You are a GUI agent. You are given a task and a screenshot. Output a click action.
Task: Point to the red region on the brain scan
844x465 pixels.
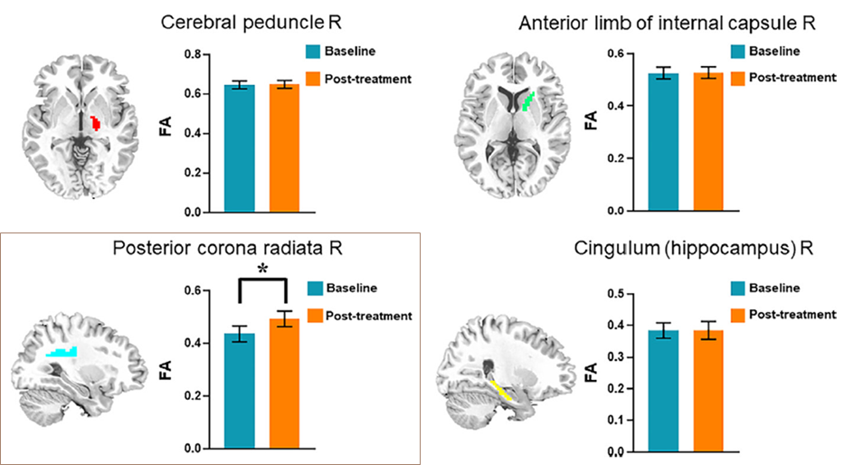point(94,122)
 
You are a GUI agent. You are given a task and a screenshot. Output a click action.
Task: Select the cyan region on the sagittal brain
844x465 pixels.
point(62,352)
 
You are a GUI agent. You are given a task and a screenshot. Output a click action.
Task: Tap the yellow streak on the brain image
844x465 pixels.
point(500,390)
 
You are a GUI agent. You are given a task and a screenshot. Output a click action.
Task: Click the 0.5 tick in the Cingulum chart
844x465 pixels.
point(617,294)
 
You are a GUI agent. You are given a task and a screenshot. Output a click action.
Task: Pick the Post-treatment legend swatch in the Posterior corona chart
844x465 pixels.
point(317,316)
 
